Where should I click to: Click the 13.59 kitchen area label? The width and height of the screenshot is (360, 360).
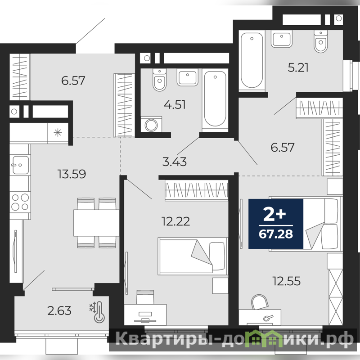pyautogui.click(x=72, y=174)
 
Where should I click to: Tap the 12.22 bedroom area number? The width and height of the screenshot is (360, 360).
pyautogui.click(x=176, y=221)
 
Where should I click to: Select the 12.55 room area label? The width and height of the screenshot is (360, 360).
pyautogui.click(x=286, y=281)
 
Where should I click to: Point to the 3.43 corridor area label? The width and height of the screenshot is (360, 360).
pyautogui.click(x=175, y=162)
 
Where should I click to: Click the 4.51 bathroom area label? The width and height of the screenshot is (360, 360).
pyautogui.click(x=175, y=104)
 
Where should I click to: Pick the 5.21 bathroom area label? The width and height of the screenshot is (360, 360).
pyautogui.click(x=298, y=67)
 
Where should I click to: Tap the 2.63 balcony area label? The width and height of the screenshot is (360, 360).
pyautogui.click(x=59, y=310)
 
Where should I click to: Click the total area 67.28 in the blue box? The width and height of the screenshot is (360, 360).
pyautogui.click(x=276, y=234)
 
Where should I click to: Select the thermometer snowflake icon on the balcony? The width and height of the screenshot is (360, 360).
pyautogui.click(x=97, y=312)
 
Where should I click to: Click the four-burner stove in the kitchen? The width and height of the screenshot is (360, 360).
pyautogui.click(x=20, y=202)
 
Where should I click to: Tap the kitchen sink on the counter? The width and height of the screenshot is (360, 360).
pyautogui.click(x=20, y=165)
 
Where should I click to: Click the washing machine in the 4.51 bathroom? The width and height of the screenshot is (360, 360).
pyautogui.click(x=151, y=125)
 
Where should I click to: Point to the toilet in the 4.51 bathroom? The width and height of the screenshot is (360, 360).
pyautogui.click(x=159, y=80)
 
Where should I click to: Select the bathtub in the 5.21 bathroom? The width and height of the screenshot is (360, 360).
pyautogui.click(x=252, y=61)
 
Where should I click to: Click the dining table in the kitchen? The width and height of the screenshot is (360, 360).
pyautogui.click(x=96, y=223)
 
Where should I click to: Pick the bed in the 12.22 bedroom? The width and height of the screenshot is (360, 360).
pyautogui.click(x=193, y=256)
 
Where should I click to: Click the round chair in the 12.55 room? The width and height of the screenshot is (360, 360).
pyautogui.click(x=260, y=302)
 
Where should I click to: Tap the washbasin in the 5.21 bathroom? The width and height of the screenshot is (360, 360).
pyautogui.click(x=282, y=39)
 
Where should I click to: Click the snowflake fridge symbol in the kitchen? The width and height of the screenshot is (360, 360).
pyautogui.click(x=58, y=133)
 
